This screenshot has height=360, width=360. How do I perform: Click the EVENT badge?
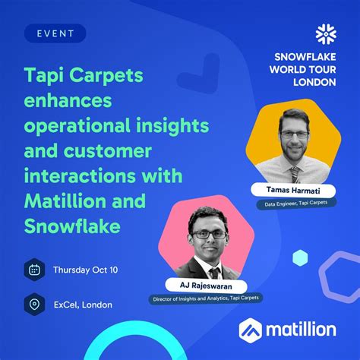click(x=54, y=33)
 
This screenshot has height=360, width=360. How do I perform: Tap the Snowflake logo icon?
click(x=327, y=35)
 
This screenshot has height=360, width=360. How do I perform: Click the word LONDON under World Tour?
click(x=315, y=82)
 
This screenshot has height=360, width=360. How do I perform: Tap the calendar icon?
click(x=34, y=269)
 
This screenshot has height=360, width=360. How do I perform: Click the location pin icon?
click(x=34, y=304)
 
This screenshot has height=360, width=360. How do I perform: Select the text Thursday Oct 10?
click(x=85, y=270)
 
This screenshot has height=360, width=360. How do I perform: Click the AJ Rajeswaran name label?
click(x=204, y=286)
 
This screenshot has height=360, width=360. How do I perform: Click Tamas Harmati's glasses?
click(x=295, y=134)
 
